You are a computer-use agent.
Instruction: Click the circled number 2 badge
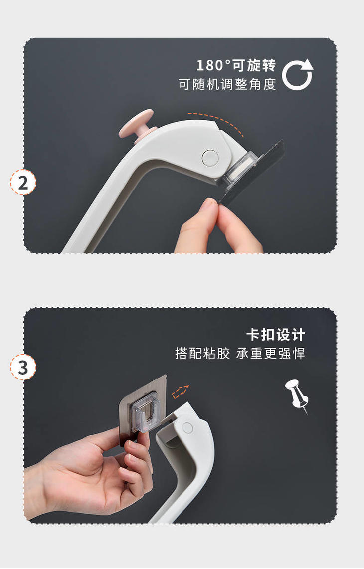coord(23,183)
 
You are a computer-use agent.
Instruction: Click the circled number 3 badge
coord(23,367)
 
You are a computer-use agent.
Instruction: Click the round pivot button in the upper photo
coord(210,157)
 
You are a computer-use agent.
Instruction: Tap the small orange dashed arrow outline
coord(181,391)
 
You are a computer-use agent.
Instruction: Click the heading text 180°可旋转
coord(236,66)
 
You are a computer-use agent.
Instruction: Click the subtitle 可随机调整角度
coord(227,85)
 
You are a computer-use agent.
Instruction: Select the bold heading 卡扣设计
coord(276,335)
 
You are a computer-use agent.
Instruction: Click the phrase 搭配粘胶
coord(202,353)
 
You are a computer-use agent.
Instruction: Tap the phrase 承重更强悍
coord(270,353)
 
